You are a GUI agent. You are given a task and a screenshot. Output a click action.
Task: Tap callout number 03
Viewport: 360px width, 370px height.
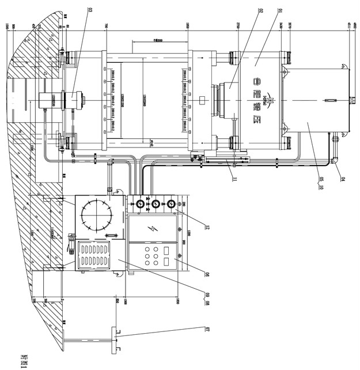89,10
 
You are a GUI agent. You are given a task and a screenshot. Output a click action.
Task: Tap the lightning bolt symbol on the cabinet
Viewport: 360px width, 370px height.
153,229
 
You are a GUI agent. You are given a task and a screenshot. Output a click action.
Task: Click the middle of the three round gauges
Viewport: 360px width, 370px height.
154,203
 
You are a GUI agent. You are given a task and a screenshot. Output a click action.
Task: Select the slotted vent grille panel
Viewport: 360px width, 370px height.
93,255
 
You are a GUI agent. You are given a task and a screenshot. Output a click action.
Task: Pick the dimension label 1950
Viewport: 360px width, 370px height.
188,28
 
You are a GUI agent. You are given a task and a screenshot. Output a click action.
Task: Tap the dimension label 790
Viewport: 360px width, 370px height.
107,28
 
